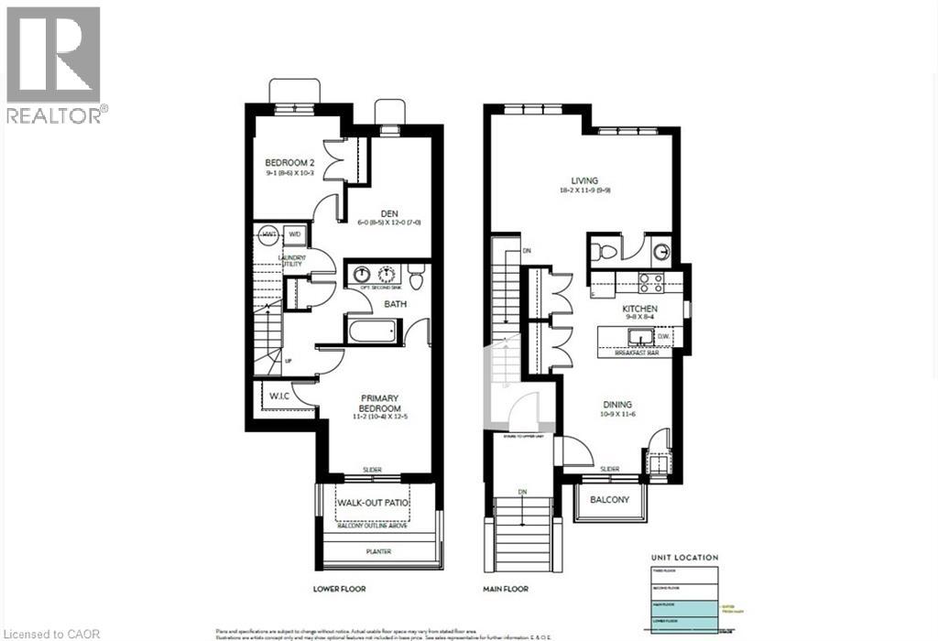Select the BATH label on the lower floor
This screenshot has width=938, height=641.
click(x=395, y=304)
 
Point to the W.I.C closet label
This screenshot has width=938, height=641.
click(x=279, y=396)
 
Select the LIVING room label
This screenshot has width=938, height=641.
click(x=584, y=180)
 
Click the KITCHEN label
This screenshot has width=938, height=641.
click(x=641, y=310)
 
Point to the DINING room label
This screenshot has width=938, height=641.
click(x=617, y=404)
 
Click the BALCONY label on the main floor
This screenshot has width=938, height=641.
click(x=610, y=500)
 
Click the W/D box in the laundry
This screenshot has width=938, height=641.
click(x=295, y=234)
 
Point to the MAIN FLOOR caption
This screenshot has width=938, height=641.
click(x=506, y=590)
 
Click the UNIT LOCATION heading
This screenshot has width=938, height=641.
click(x=684, y=557)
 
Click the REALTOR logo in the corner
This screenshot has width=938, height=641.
click(x=55, y=64)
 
